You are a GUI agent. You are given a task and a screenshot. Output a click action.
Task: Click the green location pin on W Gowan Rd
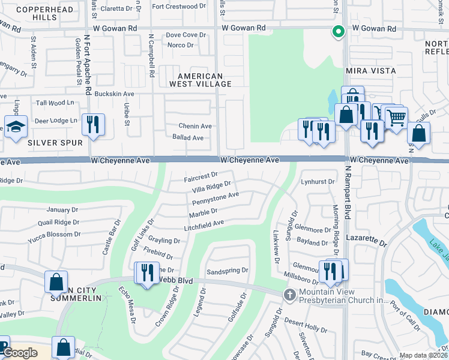point(338,32)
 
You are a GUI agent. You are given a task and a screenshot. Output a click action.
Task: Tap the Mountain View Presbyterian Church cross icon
point(290,294)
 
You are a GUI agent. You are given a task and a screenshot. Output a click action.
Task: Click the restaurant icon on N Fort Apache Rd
point(93,125)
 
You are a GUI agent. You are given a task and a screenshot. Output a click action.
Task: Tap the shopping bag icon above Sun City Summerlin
point(56,281)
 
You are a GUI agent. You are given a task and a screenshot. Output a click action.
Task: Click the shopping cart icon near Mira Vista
point(396,118)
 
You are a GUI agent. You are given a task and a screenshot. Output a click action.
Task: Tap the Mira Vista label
point(371,71)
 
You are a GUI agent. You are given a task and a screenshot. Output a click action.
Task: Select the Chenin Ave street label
point(195,126)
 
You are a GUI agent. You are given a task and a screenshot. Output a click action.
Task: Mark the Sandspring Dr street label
point(227,271)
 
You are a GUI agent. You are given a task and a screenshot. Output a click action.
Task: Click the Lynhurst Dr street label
point(318,181)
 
